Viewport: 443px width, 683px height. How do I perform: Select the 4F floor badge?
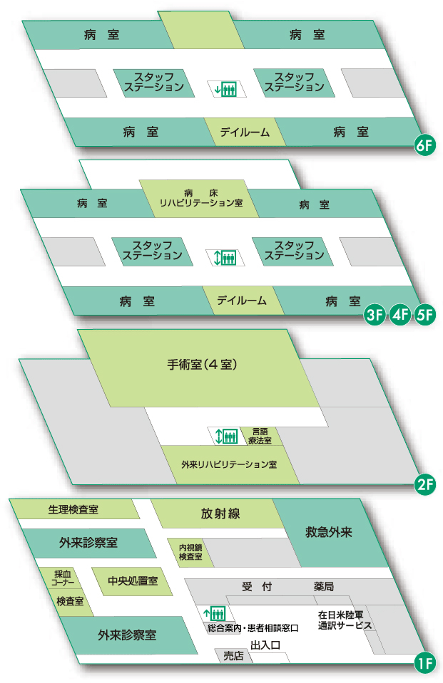(400, 316)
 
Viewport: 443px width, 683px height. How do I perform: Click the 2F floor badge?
(424, 486)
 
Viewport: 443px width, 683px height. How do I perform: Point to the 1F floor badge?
(424, 664)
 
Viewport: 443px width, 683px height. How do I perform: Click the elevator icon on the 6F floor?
(225, 90)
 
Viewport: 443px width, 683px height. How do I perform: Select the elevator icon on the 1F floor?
(215, 612)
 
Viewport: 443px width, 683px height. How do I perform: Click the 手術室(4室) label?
(200, 365)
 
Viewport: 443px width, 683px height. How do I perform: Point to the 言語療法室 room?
(259, 436)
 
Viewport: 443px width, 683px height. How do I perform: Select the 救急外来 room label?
(330, 531)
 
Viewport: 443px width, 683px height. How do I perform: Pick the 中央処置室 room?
(132, 580)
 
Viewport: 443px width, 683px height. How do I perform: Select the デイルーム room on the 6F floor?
(245, 132)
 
